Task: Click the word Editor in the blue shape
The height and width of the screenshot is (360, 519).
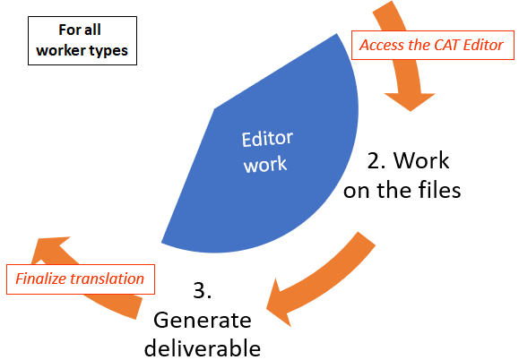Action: point(267,139)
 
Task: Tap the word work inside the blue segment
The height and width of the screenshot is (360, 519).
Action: point(265,164)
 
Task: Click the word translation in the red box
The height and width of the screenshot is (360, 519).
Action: point(107,279)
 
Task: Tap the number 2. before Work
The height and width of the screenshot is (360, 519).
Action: point(376,160)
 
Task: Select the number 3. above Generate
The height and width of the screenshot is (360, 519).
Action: point(203,291)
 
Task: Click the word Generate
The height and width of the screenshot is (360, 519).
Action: point(203,321)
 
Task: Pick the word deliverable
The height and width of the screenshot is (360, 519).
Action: point(203,347)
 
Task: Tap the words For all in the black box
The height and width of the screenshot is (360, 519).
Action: point(80,30)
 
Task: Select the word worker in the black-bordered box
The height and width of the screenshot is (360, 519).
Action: point(56,50)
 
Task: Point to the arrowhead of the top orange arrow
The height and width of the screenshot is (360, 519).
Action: point(410,102)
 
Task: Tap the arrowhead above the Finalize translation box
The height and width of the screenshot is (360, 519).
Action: point(49,247)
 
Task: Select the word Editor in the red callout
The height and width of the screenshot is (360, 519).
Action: point(483,45)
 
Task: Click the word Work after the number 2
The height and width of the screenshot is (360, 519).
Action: point(421,160)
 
